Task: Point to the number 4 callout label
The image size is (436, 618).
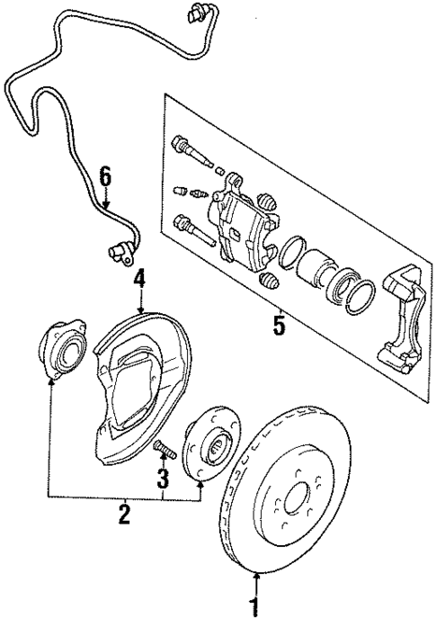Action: (x=139, y=282)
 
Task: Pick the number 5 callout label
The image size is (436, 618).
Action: (x=279, y=326)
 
